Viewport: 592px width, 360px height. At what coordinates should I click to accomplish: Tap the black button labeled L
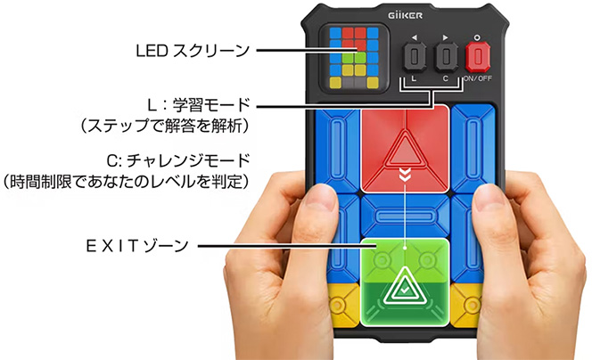click(x=414, y=59)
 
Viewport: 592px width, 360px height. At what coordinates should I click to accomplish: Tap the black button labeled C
click(x=447, y=59)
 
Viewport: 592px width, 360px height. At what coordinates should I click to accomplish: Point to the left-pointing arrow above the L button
click(x=414, y=38)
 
